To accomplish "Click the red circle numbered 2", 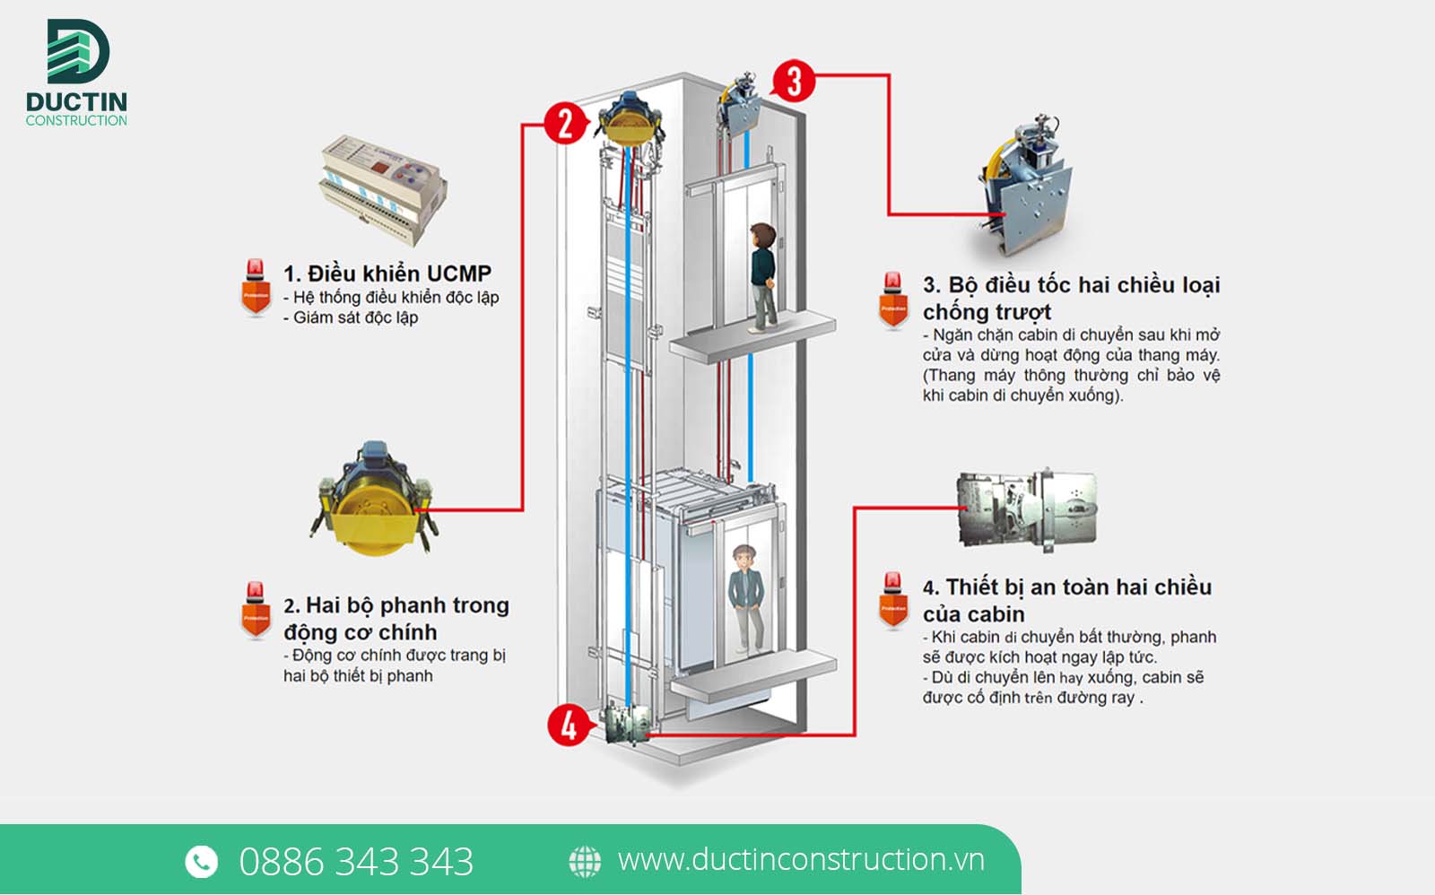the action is pos(565,123).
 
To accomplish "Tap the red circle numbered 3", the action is pos(794,82).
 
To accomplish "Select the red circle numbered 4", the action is pos(569,726).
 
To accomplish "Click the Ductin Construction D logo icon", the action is pos(78,50).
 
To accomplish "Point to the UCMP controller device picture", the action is pos(383,190).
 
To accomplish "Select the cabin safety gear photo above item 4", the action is pos(1026,510).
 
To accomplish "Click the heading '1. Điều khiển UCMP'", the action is pos(387,274).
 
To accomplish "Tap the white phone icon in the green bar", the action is pos(201,861).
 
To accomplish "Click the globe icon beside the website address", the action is pos(585,861).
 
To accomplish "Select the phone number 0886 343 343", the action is pos(356,861).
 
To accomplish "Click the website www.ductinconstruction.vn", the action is pos(801,860).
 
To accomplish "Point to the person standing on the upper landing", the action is pos(762,277).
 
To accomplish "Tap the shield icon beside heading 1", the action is pos(256,288).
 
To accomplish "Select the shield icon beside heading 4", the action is pos(893,600).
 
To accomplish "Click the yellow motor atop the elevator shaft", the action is pos(630,118).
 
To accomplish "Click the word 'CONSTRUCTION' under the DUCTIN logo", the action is pos(76,120).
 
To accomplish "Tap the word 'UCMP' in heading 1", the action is pos(458,274).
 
